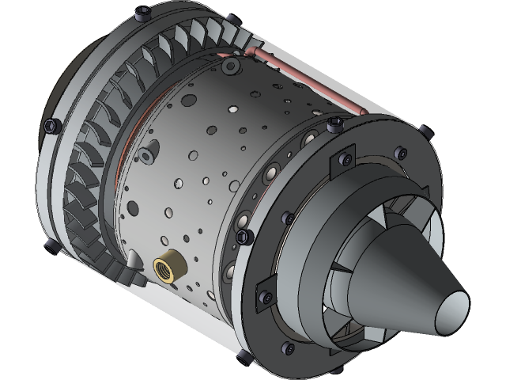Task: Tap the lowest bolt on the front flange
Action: click(52, 246)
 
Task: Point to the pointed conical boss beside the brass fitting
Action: click(134, 260)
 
